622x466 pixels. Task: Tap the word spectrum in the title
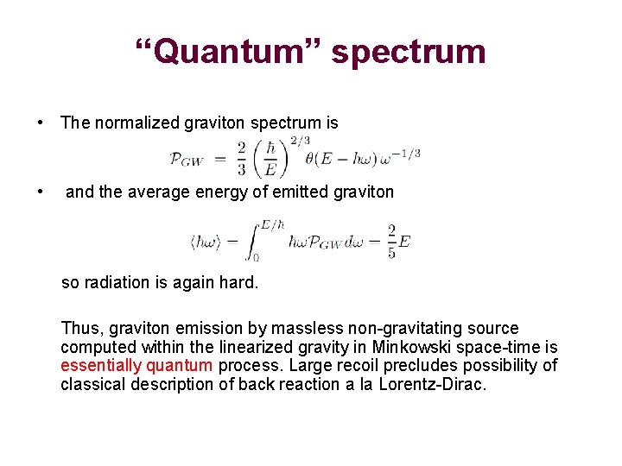pyautogui.click(x=409, y=54)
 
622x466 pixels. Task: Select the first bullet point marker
pyautogui.click(x=41, y=123)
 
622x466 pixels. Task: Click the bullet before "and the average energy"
pyautogui.click(x=41, y=192)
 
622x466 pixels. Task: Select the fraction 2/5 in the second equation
pyautogui.click(x=391, y=240)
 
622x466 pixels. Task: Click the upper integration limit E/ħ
pyautogui.click(x=271, y=224)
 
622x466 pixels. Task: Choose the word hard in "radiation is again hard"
pyautogui.click(x=238, y=281)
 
